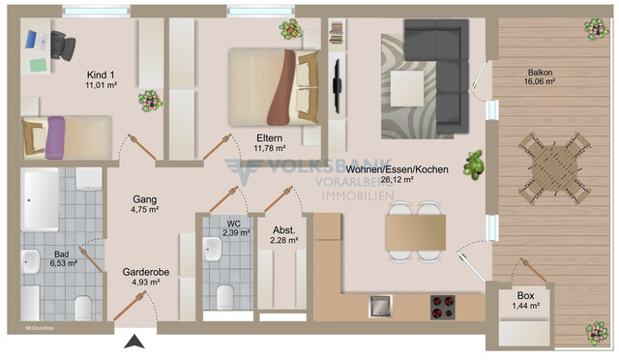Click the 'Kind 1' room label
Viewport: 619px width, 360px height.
(101, 75)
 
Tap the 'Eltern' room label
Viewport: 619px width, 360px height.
(270, 136)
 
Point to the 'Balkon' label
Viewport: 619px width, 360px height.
(541, 73)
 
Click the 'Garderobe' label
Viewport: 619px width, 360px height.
(146, 272)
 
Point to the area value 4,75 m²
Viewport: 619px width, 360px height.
(145, 209)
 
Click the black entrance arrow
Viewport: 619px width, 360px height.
(136, 341)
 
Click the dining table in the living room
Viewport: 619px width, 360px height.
(415, 231)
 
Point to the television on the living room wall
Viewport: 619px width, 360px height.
(336, 86)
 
